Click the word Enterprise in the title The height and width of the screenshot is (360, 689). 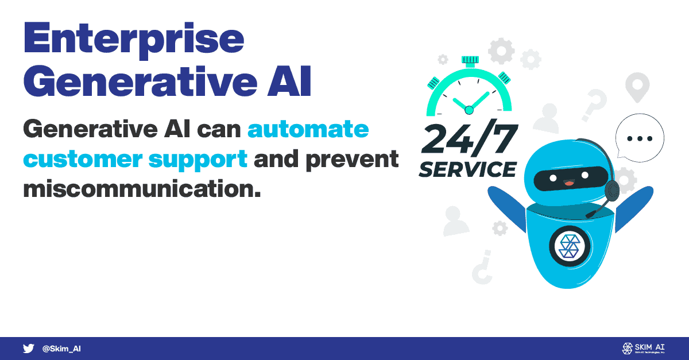pyautogui.click(x=134, y=40)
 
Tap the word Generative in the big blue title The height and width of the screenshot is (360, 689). pyautogui.click(x=140, y=82)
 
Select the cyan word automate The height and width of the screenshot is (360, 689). pyautogui.click(x=308, y=129)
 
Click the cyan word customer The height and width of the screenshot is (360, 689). pyautogui.click(x=83, y=160)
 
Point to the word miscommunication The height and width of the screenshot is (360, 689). pyautogui.click(x=142, y=188)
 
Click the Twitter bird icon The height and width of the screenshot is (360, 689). pyautogui.click(x=28, y=349)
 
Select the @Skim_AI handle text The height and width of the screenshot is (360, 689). pyautogui.click(x=61, y=349)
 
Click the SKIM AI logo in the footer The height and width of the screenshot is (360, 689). pyautogui.click(x=644, y=349)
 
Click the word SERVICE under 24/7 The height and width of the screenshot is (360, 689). pyautogui.click(x=467, y=169)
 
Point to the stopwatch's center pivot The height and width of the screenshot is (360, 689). pyautogui.click(x=469, y=110)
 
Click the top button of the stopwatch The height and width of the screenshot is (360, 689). pyautogui.click(x=470, y=61)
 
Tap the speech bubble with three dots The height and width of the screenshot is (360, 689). pyautogui.click(x=640, y=138)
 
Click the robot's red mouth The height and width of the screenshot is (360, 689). pyautogui.click(x=569, y=183)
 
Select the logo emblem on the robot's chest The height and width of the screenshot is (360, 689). pyautogui.click(x=570, y=246)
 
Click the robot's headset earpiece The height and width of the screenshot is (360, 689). pyautogui.click(x=612, y=191)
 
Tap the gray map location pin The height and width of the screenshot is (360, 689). pyautogui.click(x=637, y=87)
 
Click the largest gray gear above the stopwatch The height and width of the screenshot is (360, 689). pyautogui.click(x=501, y=51)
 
